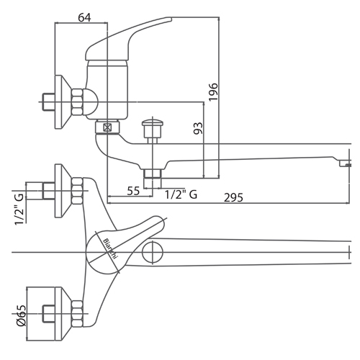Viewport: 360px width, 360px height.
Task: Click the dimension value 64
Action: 85,17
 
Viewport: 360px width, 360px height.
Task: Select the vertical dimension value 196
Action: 213,92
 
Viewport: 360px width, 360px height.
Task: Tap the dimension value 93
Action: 198,128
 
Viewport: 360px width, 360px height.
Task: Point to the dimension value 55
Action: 133,191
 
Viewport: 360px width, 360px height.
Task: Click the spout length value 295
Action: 233,197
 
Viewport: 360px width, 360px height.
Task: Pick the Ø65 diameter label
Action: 21,315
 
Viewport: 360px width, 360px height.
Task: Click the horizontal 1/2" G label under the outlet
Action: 181,194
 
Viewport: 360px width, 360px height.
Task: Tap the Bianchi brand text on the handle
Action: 110,248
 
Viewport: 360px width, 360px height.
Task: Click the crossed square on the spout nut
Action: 107,127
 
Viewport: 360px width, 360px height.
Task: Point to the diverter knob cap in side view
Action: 153,123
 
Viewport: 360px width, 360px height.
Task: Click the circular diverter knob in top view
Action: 153,252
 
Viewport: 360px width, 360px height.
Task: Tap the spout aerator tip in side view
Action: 345,163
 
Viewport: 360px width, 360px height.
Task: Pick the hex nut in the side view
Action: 77,102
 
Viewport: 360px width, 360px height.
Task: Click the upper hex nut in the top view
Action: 77,191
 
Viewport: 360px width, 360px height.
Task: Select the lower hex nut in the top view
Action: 77,313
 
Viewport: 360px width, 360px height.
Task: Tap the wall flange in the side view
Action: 63,102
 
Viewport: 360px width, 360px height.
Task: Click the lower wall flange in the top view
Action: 63,314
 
